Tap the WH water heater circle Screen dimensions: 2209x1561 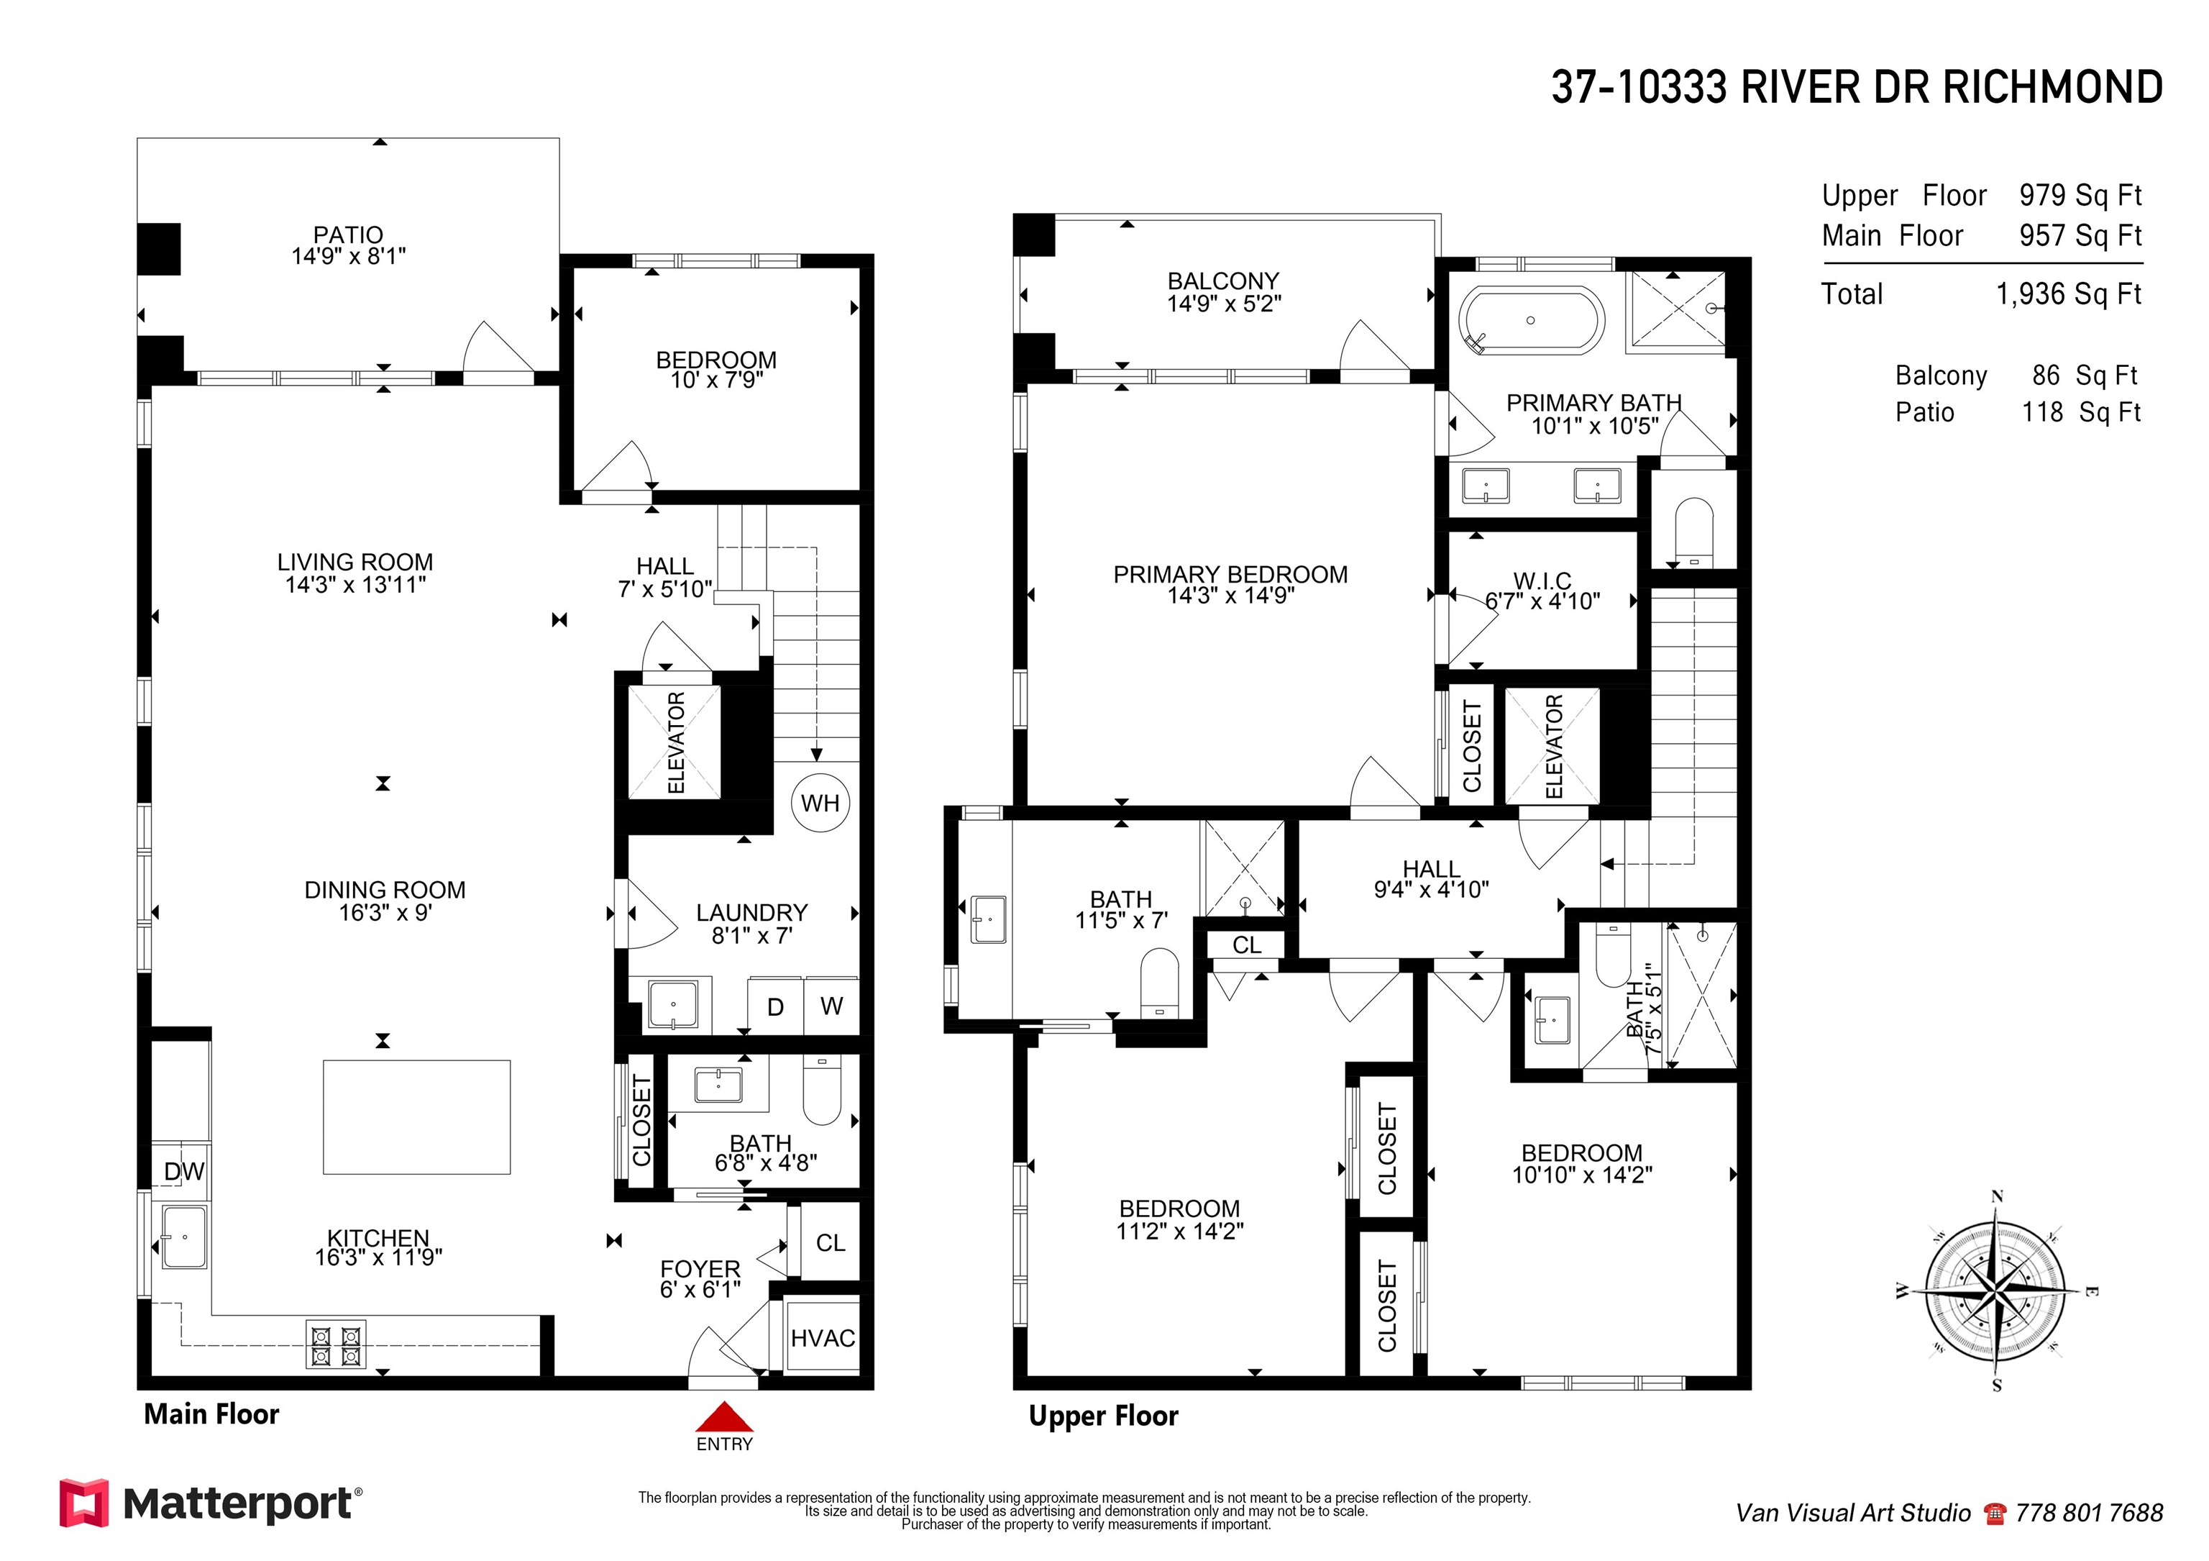click(820, 803)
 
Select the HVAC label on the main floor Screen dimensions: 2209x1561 click(823, 1338)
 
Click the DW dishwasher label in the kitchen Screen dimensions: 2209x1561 click(184, 1171)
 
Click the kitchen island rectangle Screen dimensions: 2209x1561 click(416, 1117)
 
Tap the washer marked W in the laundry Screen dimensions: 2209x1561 click(831, 1006)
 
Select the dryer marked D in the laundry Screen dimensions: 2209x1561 click(775, 1006)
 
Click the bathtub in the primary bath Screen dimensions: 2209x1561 click(1531, 319)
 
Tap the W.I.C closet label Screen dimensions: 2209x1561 click(1542, 581)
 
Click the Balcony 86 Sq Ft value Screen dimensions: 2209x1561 click(2085, 376)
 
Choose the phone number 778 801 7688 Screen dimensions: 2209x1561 click(2089, 1513)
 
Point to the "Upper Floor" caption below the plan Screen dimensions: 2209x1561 click(1104, 1416)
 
